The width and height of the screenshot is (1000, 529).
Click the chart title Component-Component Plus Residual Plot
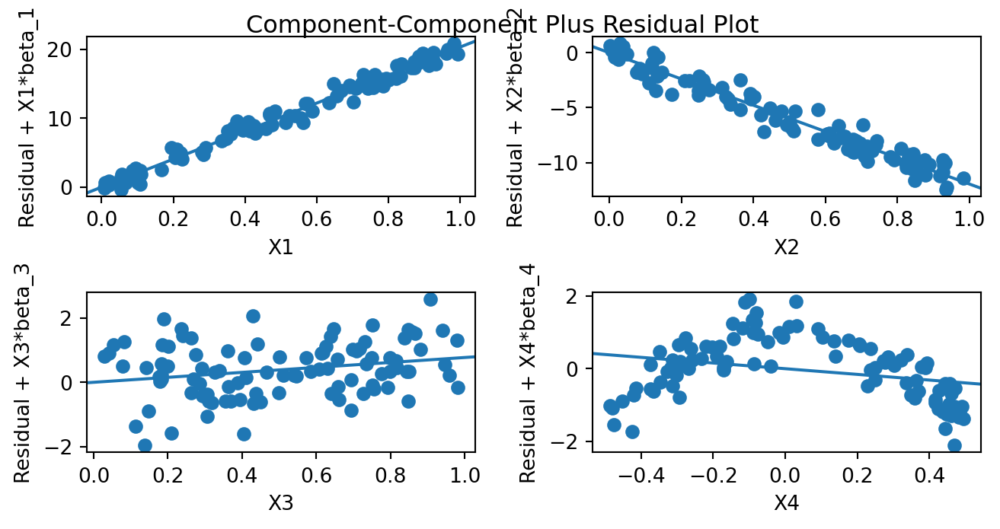[502, 25]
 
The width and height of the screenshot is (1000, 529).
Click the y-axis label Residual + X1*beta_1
[27, 114]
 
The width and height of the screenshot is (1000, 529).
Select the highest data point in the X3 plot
[430, 299]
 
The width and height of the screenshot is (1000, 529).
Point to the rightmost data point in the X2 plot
[963, 179]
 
